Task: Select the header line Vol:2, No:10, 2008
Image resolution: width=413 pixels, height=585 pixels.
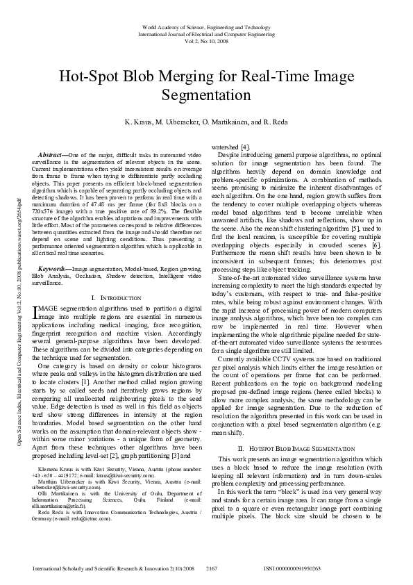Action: point(206,40)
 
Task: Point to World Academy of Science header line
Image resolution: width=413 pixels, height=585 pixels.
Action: point(206,26)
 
